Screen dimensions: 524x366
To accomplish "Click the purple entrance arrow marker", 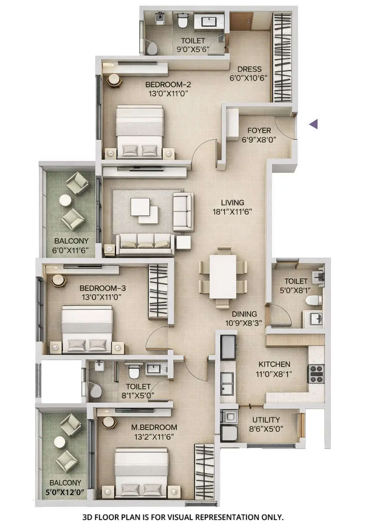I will (x=313, y=124).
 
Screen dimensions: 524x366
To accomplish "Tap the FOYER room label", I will (x=259, y=131).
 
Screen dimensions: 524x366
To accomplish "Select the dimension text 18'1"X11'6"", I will (x=232, y=211).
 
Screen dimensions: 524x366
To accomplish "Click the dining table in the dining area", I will (x=223, y=276).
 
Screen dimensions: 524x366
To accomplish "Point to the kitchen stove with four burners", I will (x=316, y=374).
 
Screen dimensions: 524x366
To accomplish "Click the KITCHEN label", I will (x=274, y=364).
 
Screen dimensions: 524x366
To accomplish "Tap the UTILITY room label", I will (x=266, y=420).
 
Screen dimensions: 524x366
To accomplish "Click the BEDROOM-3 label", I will (x=102, y=288).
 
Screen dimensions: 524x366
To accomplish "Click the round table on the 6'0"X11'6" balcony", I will (x=65, y=200).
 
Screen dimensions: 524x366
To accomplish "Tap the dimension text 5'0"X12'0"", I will (x=65, y=492).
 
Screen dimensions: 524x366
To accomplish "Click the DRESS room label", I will (x=249, y=69).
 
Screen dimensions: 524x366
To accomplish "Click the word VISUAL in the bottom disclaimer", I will (x=186, y=516).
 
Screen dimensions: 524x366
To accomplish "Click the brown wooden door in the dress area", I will (x=241, y=21).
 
